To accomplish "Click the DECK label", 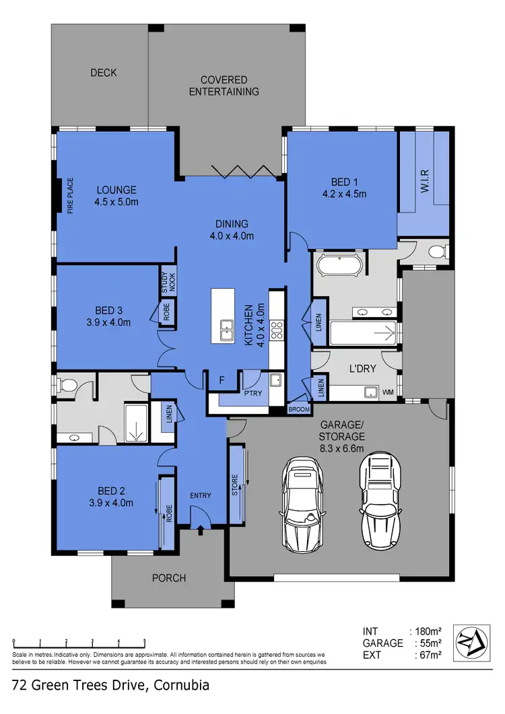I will coord(104,73).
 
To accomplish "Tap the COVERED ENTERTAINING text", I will coord(224,85).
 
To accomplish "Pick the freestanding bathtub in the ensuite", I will coord(339,266).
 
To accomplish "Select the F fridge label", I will coord(220,380).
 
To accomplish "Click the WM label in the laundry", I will coord(388,392).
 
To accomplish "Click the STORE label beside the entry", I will coord(235,485).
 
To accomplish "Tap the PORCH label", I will coord(168,577).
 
